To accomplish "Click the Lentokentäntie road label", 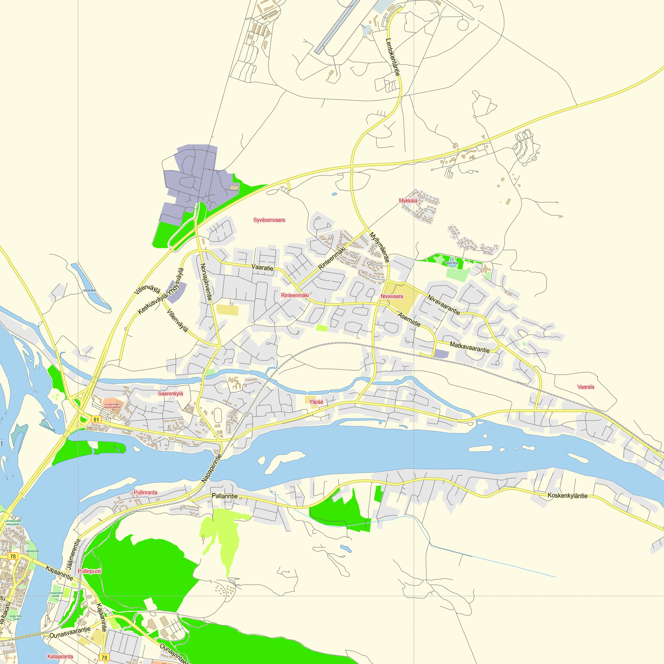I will pyautogui.click(x=393, y=57).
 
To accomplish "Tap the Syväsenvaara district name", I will pyautogui.click(x=269, y=220).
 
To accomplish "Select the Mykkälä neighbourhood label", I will pyautogui.click(x=408, y=201).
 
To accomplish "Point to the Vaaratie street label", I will pyautogui.click(x=263, y=267).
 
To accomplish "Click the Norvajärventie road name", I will pyautogui.click(x=206, y=282).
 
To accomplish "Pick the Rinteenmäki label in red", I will pyautogui.click(x=295, y=295).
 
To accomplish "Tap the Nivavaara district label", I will pyautogui.click(x=392, y=296).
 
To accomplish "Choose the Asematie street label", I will pyautogui.click(x=409, y=319).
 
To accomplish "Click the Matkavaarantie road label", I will pyautogui.click(x=469, y=347).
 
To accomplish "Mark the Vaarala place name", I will pyautogui.click(x=586, y=387).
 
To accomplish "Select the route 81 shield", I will pyautogui.click(x=96, y=420).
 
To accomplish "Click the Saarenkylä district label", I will pyautogui.click(x=170, y=393).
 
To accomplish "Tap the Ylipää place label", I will pyautogui.click(x=316, y=402).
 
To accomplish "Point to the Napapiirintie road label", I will pyautogui.click(x=212, y=468).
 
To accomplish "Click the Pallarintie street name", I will pyautogui.click(x=224, y=496).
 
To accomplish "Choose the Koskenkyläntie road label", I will pyautogui.click(x=567, y=496).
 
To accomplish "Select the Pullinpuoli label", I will pyautogui.click(x=89, y=571).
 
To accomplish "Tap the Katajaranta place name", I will pyautogui.click(x=60, y=656).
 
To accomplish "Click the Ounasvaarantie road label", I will pyautogui.click(x=70, y=632).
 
